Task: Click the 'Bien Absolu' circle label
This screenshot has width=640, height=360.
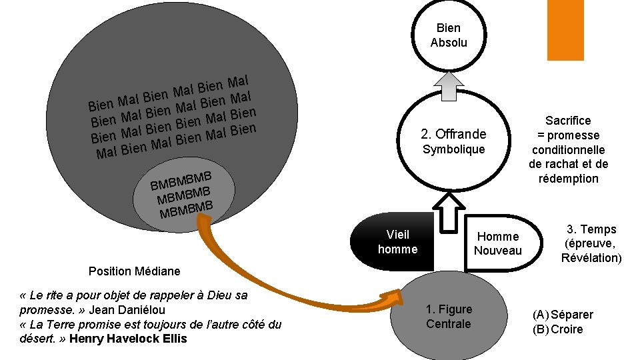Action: click(x=449, y=35)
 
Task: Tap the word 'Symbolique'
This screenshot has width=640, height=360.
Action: click(x=453, y=149)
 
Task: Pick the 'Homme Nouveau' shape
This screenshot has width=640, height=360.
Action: click(x=498, y=243)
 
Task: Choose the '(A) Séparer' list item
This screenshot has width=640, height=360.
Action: click(x=563, y=315)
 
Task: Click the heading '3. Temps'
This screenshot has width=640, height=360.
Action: click(x=591, y=229)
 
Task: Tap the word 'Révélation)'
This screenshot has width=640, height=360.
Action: click(x=591, y=258)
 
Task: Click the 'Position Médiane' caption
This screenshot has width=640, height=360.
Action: click(x=134, y=271)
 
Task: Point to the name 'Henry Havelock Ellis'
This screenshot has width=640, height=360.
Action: click(x=128, y=339)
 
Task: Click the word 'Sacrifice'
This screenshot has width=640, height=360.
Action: click(x=568, y=121)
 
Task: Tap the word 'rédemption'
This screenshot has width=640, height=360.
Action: click(x=568, y=179)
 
